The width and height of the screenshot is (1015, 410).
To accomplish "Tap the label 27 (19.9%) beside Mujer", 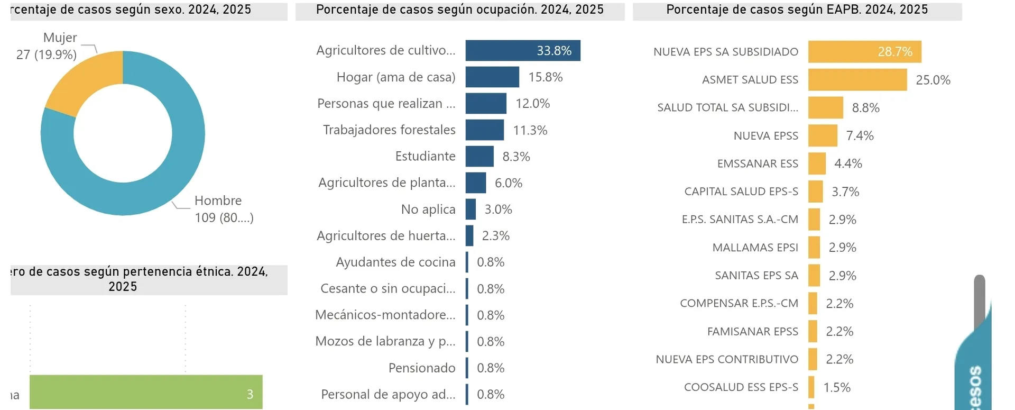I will (47, 54).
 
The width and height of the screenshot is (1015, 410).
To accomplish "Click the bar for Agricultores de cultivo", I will (522, 51).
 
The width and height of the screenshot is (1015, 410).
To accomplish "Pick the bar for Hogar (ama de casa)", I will (492, 77).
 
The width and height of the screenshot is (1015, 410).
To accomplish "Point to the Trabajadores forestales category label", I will (389, 130).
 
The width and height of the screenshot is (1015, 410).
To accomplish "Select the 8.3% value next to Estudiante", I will (516, 157).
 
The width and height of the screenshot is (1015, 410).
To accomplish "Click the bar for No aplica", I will (470, 209).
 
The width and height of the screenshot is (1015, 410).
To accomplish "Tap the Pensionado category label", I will (422, 368).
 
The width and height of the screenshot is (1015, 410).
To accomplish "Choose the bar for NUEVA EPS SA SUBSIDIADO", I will (864, 52).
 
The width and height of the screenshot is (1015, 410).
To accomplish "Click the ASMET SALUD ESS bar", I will (857, 80).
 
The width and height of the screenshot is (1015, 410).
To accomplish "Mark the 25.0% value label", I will (933, 80).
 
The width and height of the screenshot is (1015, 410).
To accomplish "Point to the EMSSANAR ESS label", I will (758, 163).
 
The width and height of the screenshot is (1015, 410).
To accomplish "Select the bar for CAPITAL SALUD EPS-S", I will (815, 192).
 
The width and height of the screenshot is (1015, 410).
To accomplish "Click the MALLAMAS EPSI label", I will (755, 248).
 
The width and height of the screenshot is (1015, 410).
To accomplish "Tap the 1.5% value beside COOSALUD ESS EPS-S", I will (837, 387).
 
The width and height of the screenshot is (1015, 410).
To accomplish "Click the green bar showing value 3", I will (146, 392).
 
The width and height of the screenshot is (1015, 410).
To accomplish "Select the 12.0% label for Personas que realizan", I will (532, 104).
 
